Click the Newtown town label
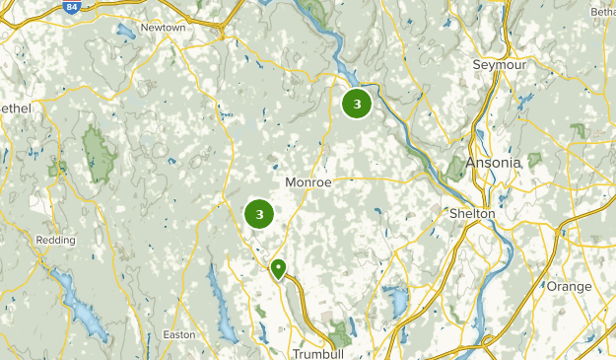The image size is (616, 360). [x=164, y=28]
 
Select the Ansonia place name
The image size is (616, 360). [x=493, y=163]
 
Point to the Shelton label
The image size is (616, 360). [x=471, y=213]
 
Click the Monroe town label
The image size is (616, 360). [x=308, y=182]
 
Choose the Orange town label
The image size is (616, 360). [x=570, y=286]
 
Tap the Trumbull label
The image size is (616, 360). [x=316, y=353]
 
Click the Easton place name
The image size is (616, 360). [x=179, y=334]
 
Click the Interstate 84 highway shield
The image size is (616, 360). [x=71, y=8]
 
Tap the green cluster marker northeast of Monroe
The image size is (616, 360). [x=356, y=103]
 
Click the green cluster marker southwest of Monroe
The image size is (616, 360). [x=258, y=213]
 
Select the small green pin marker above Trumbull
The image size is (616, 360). [x=279, y=267]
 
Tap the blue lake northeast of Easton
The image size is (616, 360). [x=216, y=291]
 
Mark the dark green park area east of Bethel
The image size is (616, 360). [x=98, y=156]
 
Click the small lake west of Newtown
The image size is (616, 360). [x=125, y=32]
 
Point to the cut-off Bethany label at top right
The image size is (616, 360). [x=603, y=12]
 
